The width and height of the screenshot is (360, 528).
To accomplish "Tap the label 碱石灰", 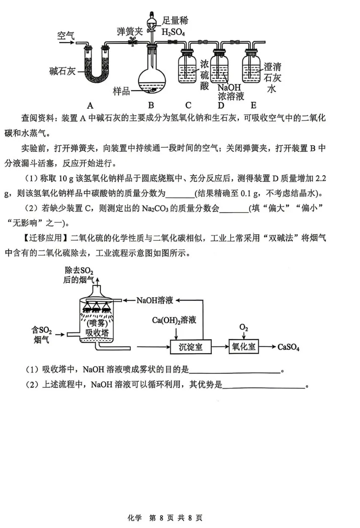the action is (62, 71).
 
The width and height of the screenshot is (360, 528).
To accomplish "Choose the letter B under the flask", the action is (151, 104).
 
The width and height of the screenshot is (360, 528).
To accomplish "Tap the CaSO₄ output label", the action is (289, 347).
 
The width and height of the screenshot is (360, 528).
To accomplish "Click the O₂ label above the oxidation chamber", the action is (244, 327).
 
